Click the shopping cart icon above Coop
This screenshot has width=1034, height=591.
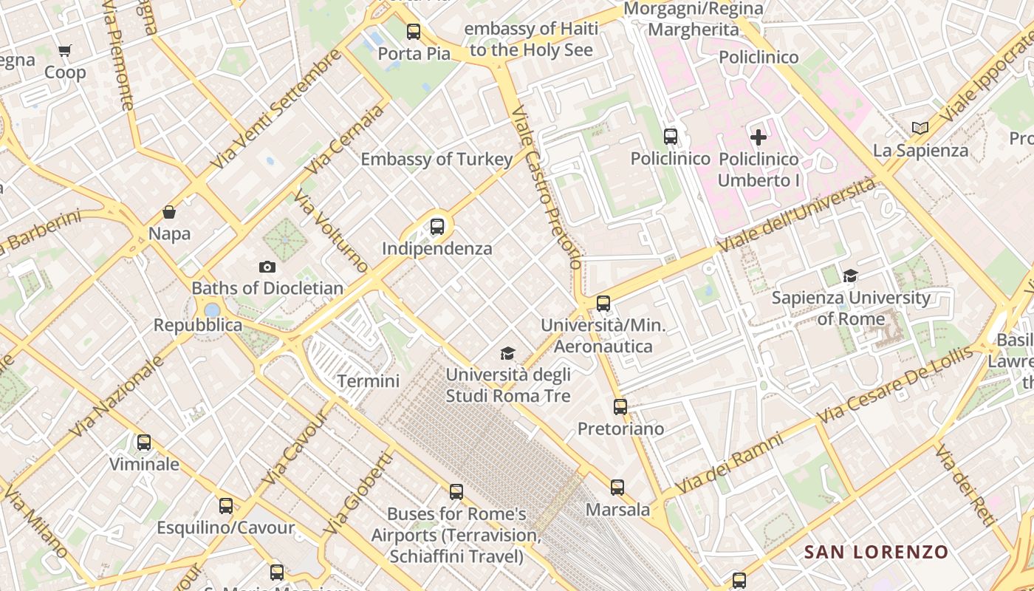pyautogui.click(x=65, y=51)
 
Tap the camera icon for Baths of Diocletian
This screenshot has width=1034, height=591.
pyautogui.click(x=267, y=267)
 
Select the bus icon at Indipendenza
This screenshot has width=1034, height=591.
pyautogui.click(x=437, y=227)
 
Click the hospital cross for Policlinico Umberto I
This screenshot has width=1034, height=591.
pyautogui.click(x=759, y=137)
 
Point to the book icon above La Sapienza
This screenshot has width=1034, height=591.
pyautogui.click(x=920, y=129)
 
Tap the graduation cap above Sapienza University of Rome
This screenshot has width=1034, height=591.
pyautogui.click(x=850, y=276)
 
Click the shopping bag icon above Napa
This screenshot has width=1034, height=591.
pyautogui.click(x=169, y=213)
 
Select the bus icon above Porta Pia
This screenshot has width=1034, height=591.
pyautogui.click(x=414, y=32)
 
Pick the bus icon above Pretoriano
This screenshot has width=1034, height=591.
pyautogui.click(x=620, y=407)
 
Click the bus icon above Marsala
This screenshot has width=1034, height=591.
pyautogui.click(x=617, y=488)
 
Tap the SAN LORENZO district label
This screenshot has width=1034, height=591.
pyautogui.click(x=876, y=552)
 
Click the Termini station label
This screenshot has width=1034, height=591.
pyautogui.click(x=368, y=381)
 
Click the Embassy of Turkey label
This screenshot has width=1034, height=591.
pyautogui.click(x=436, y=160)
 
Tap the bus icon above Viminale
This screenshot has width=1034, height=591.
pyautogui.click(x=144, y=443)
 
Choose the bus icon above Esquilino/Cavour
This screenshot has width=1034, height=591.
pyautogui.click(x=226, y=506)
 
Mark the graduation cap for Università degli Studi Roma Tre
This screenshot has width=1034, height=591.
pyautogui.click(x=507, y=354)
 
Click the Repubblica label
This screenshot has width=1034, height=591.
pyautogui.click(x=197, y=325)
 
